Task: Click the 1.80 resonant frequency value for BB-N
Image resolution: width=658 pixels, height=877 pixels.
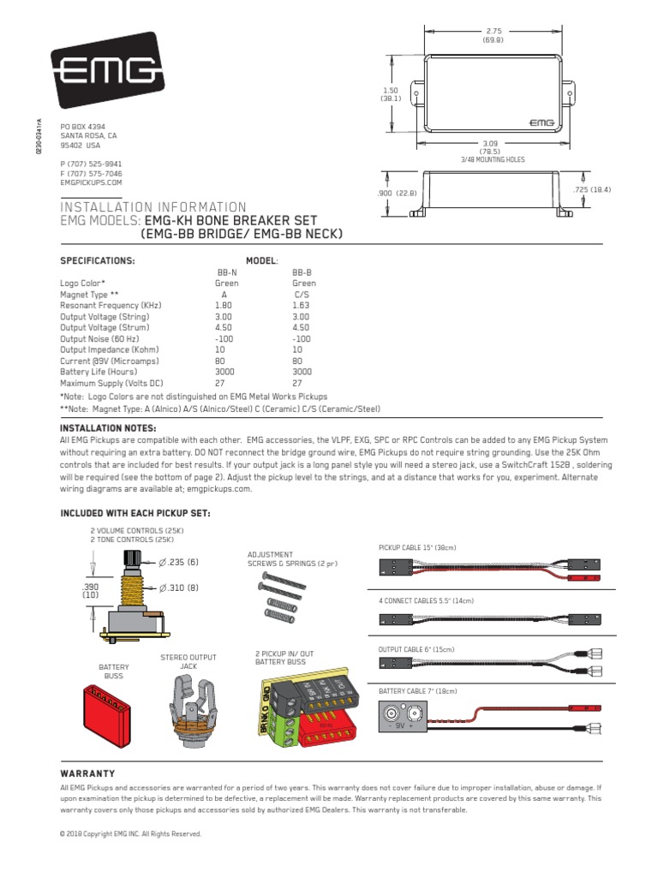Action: [224, 305]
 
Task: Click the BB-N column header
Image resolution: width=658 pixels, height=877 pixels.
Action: [224, 271]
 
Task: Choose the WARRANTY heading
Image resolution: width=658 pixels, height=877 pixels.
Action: [87, 773]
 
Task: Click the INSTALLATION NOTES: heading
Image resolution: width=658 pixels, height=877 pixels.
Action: [107, 427]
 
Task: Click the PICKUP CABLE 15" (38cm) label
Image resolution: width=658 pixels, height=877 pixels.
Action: [417, 546]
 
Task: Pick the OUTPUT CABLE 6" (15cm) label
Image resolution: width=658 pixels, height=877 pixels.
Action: [417, 649]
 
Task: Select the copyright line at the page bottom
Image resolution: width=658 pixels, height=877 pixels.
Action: [130, 832]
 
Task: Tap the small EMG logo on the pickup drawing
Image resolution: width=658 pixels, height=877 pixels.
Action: [541, 122]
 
